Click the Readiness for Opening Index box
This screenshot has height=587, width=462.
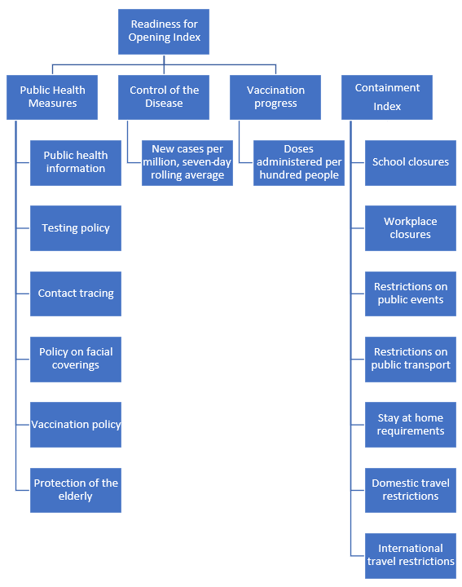164,32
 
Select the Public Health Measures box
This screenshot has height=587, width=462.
52,97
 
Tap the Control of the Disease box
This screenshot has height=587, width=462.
164,97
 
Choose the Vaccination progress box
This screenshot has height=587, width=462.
275,97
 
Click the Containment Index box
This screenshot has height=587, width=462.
387,97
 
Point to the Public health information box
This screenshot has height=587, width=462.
76,163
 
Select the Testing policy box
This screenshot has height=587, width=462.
76,228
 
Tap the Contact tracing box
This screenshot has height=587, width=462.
76,293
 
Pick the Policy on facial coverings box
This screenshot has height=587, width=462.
76,360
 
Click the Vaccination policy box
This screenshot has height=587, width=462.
76,425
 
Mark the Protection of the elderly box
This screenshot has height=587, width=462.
76,490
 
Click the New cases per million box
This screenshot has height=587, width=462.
187,163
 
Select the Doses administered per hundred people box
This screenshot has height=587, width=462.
299,163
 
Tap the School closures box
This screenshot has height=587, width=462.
411,163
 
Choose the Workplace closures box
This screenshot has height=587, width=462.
411,228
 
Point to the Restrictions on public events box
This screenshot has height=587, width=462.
411,293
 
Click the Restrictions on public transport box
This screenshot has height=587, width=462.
411,360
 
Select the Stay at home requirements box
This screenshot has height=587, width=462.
411,425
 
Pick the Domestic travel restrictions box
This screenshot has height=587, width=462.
411,490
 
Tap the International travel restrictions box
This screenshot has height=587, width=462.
411,556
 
